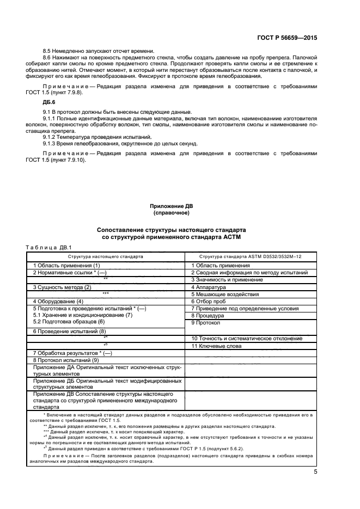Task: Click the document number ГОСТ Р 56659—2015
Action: click(x=286, y=38)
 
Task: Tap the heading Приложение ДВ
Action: click(x=172, y=206)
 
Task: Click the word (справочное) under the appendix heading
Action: click(x=172, y=213)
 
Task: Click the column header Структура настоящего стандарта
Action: click(x=106, y=255)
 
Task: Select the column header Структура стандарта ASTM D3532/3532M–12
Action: click(x=251, y=255)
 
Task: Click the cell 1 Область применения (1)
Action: click(x=66, y=265)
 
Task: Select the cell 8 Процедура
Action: click(x=208, y=315)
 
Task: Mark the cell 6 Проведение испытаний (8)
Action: click(x=70, y=331)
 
